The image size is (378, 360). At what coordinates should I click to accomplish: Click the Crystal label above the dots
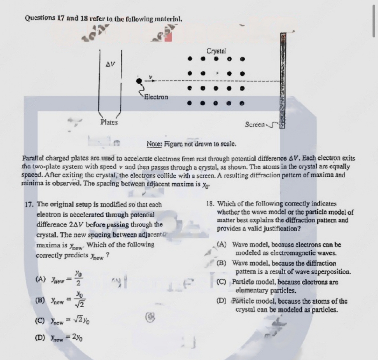[216, 51]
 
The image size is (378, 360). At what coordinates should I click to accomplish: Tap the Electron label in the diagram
[156, 97]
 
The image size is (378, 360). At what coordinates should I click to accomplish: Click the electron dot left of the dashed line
[139, 81]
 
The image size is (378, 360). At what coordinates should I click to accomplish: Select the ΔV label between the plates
[110, 64]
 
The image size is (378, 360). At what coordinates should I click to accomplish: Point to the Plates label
[109, 122]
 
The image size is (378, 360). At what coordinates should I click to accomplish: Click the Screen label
[255, 125]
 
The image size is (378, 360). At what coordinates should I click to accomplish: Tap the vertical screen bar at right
[282, 79]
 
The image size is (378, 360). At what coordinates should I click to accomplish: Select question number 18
[210, 203]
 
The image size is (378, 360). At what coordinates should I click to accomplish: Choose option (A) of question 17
[41, 279]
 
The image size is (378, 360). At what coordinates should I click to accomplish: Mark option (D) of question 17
[41, 337]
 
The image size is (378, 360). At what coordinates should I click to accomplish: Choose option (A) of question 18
[221, 245]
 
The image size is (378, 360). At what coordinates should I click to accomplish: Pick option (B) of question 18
[221, 263]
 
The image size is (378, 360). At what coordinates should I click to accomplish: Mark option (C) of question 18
[221, 282]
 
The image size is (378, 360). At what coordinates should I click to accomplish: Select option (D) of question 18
[221, 301]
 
